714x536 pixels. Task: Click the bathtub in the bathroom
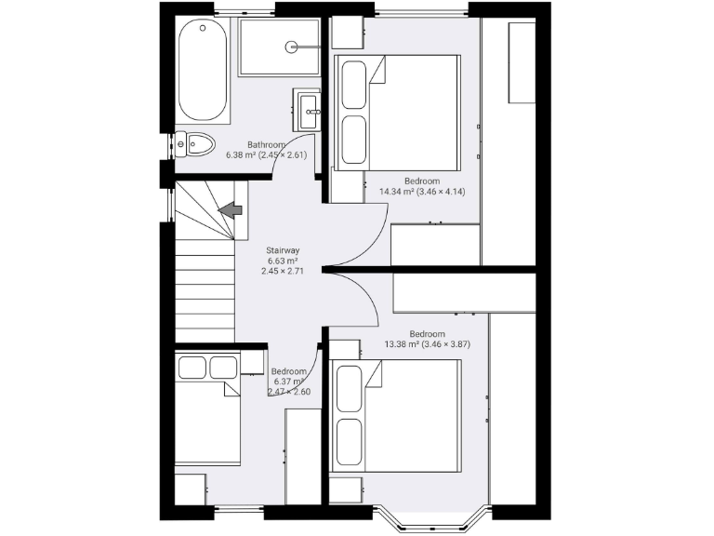pos(203,71)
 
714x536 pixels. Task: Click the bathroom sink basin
pos(309,109)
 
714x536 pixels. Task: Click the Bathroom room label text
pos(266,144)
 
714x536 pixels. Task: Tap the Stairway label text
pos(283,250)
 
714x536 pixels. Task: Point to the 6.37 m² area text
pos(288,381)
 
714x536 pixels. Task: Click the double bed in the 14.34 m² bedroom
pos(397,112)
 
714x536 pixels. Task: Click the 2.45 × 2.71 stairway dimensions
pos(283,272)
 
